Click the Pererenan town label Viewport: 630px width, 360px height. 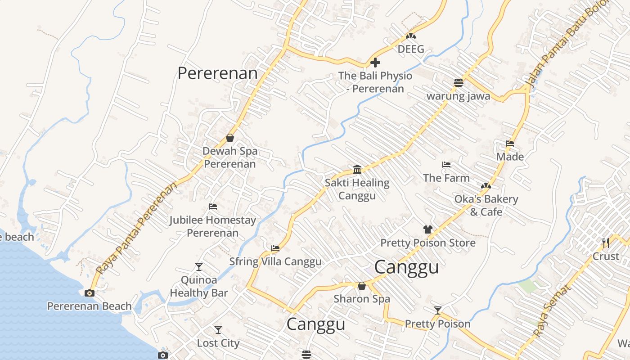[x=217, y=73]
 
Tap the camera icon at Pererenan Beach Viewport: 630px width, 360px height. [x=90, y=293]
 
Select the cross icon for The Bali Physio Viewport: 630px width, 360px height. [x=375, y=63]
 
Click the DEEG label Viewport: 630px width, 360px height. [x=411, y=49]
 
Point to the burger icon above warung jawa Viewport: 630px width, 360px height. [x=458, y=82]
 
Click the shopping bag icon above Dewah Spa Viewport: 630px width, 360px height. [x=230, y=138]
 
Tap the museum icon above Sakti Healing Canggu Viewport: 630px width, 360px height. [x=357, y=169]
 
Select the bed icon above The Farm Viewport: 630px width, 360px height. [x=446, y=165]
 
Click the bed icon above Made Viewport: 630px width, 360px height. [x=510, y=144]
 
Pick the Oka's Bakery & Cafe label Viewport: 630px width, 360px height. [x=486, y=205]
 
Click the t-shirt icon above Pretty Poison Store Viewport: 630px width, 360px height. [x=427, y=229]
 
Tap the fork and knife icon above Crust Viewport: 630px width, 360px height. [x=606, y=243]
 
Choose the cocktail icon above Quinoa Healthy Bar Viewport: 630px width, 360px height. [x=198, y=266]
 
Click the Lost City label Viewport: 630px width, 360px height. [x=218, y=343]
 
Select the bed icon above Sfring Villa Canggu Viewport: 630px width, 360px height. [x=275, y=248]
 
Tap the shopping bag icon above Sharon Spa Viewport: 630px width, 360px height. [x=361, y=286]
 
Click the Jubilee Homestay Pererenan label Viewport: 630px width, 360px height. [x=212, y=226]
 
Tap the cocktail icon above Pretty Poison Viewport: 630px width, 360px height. [x=437, y=310]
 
